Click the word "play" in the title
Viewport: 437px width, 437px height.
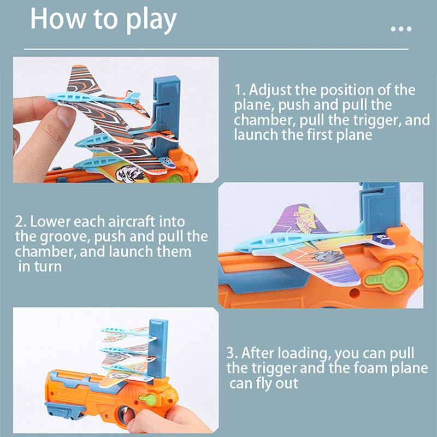tap(151, 20)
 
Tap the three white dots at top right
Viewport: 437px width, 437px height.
tap(401, 29)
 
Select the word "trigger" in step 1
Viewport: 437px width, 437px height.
tap(377, 120)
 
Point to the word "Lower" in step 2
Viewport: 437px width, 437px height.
tap(50, 222)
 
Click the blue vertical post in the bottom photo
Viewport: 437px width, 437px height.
tap(157, 349)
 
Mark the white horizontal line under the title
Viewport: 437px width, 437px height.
tap(216, 49)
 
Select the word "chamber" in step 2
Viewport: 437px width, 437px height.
tap(45, 252)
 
